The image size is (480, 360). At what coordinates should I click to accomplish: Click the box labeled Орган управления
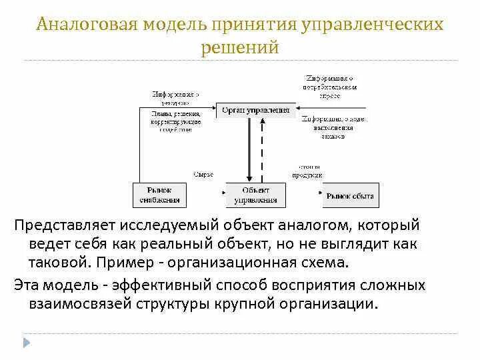256,109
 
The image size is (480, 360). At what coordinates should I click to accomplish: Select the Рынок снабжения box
160,195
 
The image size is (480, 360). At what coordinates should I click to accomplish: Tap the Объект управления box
256,195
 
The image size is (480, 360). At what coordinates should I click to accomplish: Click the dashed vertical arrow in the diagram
263,150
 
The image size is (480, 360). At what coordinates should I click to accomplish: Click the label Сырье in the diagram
203,174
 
